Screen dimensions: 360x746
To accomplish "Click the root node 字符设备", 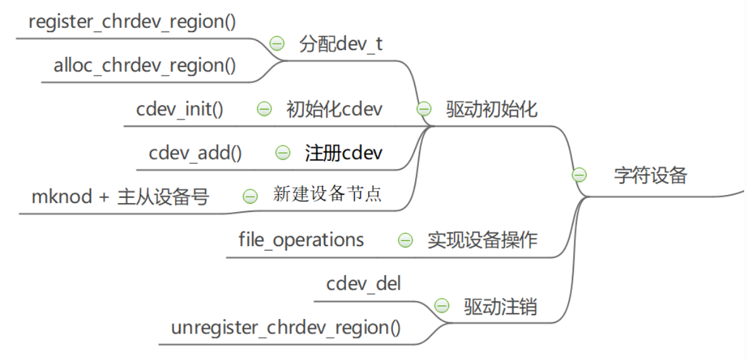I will point(650,175).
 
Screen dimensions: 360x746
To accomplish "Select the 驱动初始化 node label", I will point(492,109).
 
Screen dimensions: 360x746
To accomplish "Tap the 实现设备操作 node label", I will point(482,240).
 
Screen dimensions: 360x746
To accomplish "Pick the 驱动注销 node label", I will point(500,307).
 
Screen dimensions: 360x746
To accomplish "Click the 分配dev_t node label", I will point(340,44).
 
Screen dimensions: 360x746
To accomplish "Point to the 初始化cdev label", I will point(334,109).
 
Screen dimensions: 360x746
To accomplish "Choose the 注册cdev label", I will point(344,153).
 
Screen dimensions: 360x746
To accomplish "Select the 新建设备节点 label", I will point(327,194).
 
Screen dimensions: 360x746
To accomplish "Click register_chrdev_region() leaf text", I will point(132,22).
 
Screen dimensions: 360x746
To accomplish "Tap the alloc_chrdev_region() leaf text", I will point(145,66).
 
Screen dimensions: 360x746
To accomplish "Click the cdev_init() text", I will point(180,109).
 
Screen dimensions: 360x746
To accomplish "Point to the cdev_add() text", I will point(195,153).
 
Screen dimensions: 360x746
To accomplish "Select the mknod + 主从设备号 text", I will point(120,197).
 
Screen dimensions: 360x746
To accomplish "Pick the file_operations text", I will point(301,240).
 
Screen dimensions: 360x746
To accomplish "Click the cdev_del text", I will point(363,283).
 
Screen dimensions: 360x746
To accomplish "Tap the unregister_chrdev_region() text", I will point(286,328).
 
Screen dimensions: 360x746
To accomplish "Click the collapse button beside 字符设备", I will point(578,175).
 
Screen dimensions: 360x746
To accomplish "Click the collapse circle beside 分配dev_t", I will point(277,44).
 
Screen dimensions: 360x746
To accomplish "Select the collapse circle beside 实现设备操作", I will point(405,240).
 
